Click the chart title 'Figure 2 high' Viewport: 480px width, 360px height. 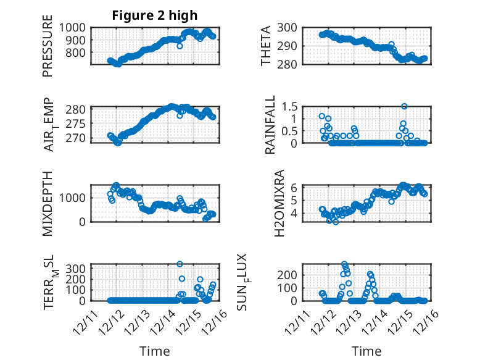pyautogui.click(x=154, y=15)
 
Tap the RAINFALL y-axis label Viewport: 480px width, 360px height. pyautogui.click(x=270, y=126)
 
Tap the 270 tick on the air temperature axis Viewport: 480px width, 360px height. pyautogui.click(x=78, y=138)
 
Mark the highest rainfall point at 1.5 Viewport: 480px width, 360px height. pyautogui.click(x=404, y=106)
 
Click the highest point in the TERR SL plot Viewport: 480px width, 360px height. pyautogui.click(x=180, y=264)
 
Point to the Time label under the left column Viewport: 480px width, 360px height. pyautogui.click(x=154, y=351)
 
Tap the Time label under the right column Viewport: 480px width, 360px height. pyautogui.click(x=366, y=351)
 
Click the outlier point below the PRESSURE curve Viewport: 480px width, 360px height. pyautogui.click(x=180, y=46)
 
